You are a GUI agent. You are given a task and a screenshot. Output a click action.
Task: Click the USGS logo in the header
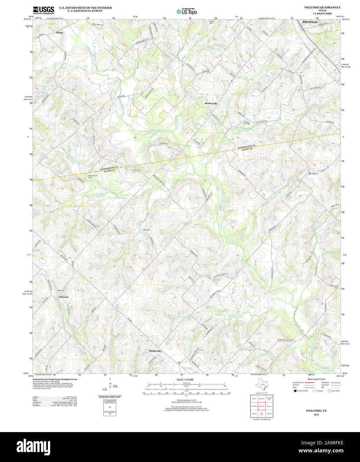click(x=44, y=10)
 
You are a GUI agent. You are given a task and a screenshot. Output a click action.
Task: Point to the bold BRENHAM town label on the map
click(x=310, y=22)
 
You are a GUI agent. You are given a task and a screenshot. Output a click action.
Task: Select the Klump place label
click(x=59, y=33)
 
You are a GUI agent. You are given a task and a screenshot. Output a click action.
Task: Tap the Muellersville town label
click(x=211, y=103)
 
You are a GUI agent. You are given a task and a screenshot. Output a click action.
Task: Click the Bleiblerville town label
click(x=155, y=351)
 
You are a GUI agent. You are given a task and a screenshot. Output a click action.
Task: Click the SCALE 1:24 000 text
click(x=185, y=380)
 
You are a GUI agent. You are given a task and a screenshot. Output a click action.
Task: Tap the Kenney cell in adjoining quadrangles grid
click(x=269, y=406)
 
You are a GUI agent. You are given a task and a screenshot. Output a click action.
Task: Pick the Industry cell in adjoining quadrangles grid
click(x=254, y=414)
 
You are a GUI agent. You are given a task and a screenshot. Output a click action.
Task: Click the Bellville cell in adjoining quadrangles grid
click(x=269, y=414)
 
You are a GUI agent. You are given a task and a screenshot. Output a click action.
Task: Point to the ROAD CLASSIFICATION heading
click(x=316, y=379)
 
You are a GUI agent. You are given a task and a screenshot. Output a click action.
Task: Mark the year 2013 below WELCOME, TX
click(x=316, y=414)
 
